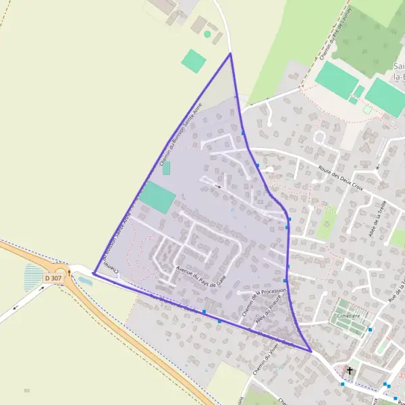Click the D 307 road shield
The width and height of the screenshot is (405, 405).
53,278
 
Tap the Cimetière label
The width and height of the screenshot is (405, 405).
351,315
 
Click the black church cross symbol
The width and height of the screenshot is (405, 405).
349,371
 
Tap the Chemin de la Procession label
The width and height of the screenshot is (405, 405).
265,301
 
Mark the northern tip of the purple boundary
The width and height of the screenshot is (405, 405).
230,53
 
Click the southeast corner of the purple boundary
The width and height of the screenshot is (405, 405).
310,352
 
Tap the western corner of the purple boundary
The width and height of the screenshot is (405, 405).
93,273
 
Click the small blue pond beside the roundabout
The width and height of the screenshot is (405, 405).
84,279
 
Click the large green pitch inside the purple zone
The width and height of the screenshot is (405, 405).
157,197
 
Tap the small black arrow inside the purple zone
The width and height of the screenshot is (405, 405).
218,186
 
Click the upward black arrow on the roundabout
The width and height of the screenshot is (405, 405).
69,272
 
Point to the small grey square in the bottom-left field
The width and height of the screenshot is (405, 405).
27,390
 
